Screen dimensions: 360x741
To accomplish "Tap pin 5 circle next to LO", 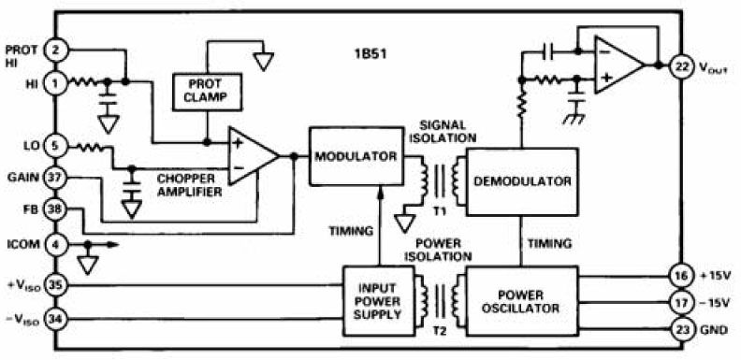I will tap(55, 145).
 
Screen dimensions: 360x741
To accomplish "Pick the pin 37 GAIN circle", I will tap(55, 177).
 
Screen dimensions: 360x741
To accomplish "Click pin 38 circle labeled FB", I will tap(55, 209).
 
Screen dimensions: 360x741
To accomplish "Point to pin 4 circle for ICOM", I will tap(55, 246).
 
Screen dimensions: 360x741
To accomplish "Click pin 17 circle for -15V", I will tap(680, 303).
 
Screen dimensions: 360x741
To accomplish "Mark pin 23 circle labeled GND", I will tap(680, 329).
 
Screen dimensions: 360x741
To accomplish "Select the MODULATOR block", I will tap(355, 157).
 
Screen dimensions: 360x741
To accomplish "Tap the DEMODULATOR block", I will tap(522, 180).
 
